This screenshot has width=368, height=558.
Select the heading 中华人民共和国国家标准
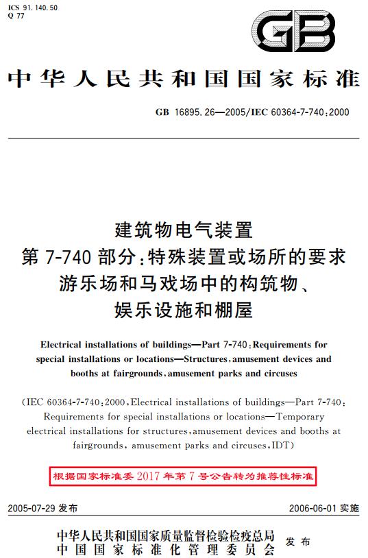[184, 80]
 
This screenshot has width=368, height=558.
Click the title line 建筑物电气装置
[184, 227]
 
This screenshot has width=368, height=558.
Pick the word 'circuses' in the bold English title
[280, 374]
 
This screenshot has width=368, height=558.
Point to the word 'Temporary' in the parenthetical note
[300, 416]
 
